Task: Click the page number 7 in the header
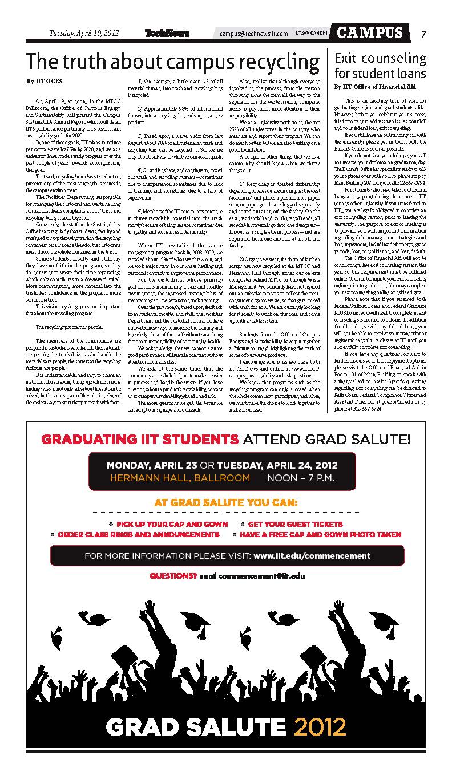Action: click(x=423, y=34)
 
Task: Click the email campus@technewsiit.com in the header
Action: click(x=254, y=34)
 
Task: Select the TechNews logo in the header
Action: click(x=167, y=34)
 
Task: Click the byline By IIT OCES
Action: click(x=44, y=82)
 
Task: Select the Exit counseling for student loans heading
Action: click(x=380, y=66)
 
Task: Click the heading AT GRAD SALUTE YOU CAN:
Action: click(x=225, y=503)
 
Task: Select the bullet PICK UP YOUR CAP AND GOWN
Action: click(x=172, y=524)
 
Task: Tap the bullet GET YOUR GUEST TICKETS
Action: click(x=295, y=524)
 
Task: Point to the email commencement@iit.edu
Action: click(x=261, y=576)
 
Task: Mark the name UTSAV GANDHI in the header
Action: click(x=312, y=34)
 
